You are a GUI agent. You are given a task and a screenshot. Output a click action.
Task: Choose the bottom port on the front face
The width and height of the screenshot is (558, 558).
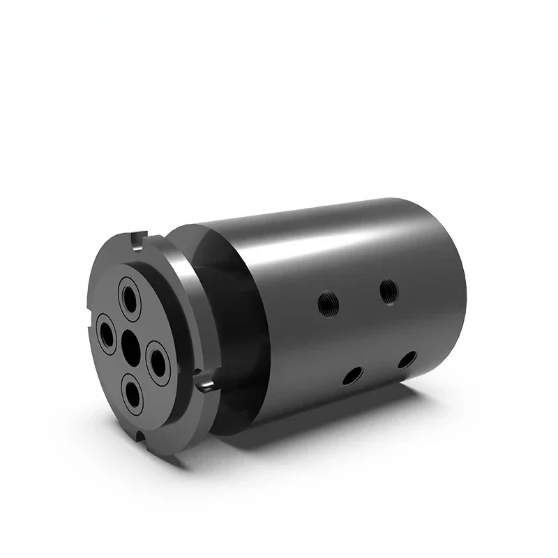pyautogui.click(x=133, y=391)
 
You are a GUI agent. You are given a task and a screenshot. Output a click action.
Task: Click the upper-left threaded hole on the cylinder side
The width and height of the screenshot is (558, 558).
pyautogui.click(x=326, y=303)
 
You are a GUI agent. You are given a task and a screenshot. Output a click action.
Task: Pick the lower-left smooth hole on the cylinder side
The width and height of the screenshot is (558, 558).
pyautogui.click(x=352, y=376)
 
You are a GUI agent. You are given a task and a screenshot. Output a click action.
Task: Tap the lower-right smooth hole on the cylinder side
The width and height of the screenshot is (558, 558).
pyautogui.click(x=407, y=360)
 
